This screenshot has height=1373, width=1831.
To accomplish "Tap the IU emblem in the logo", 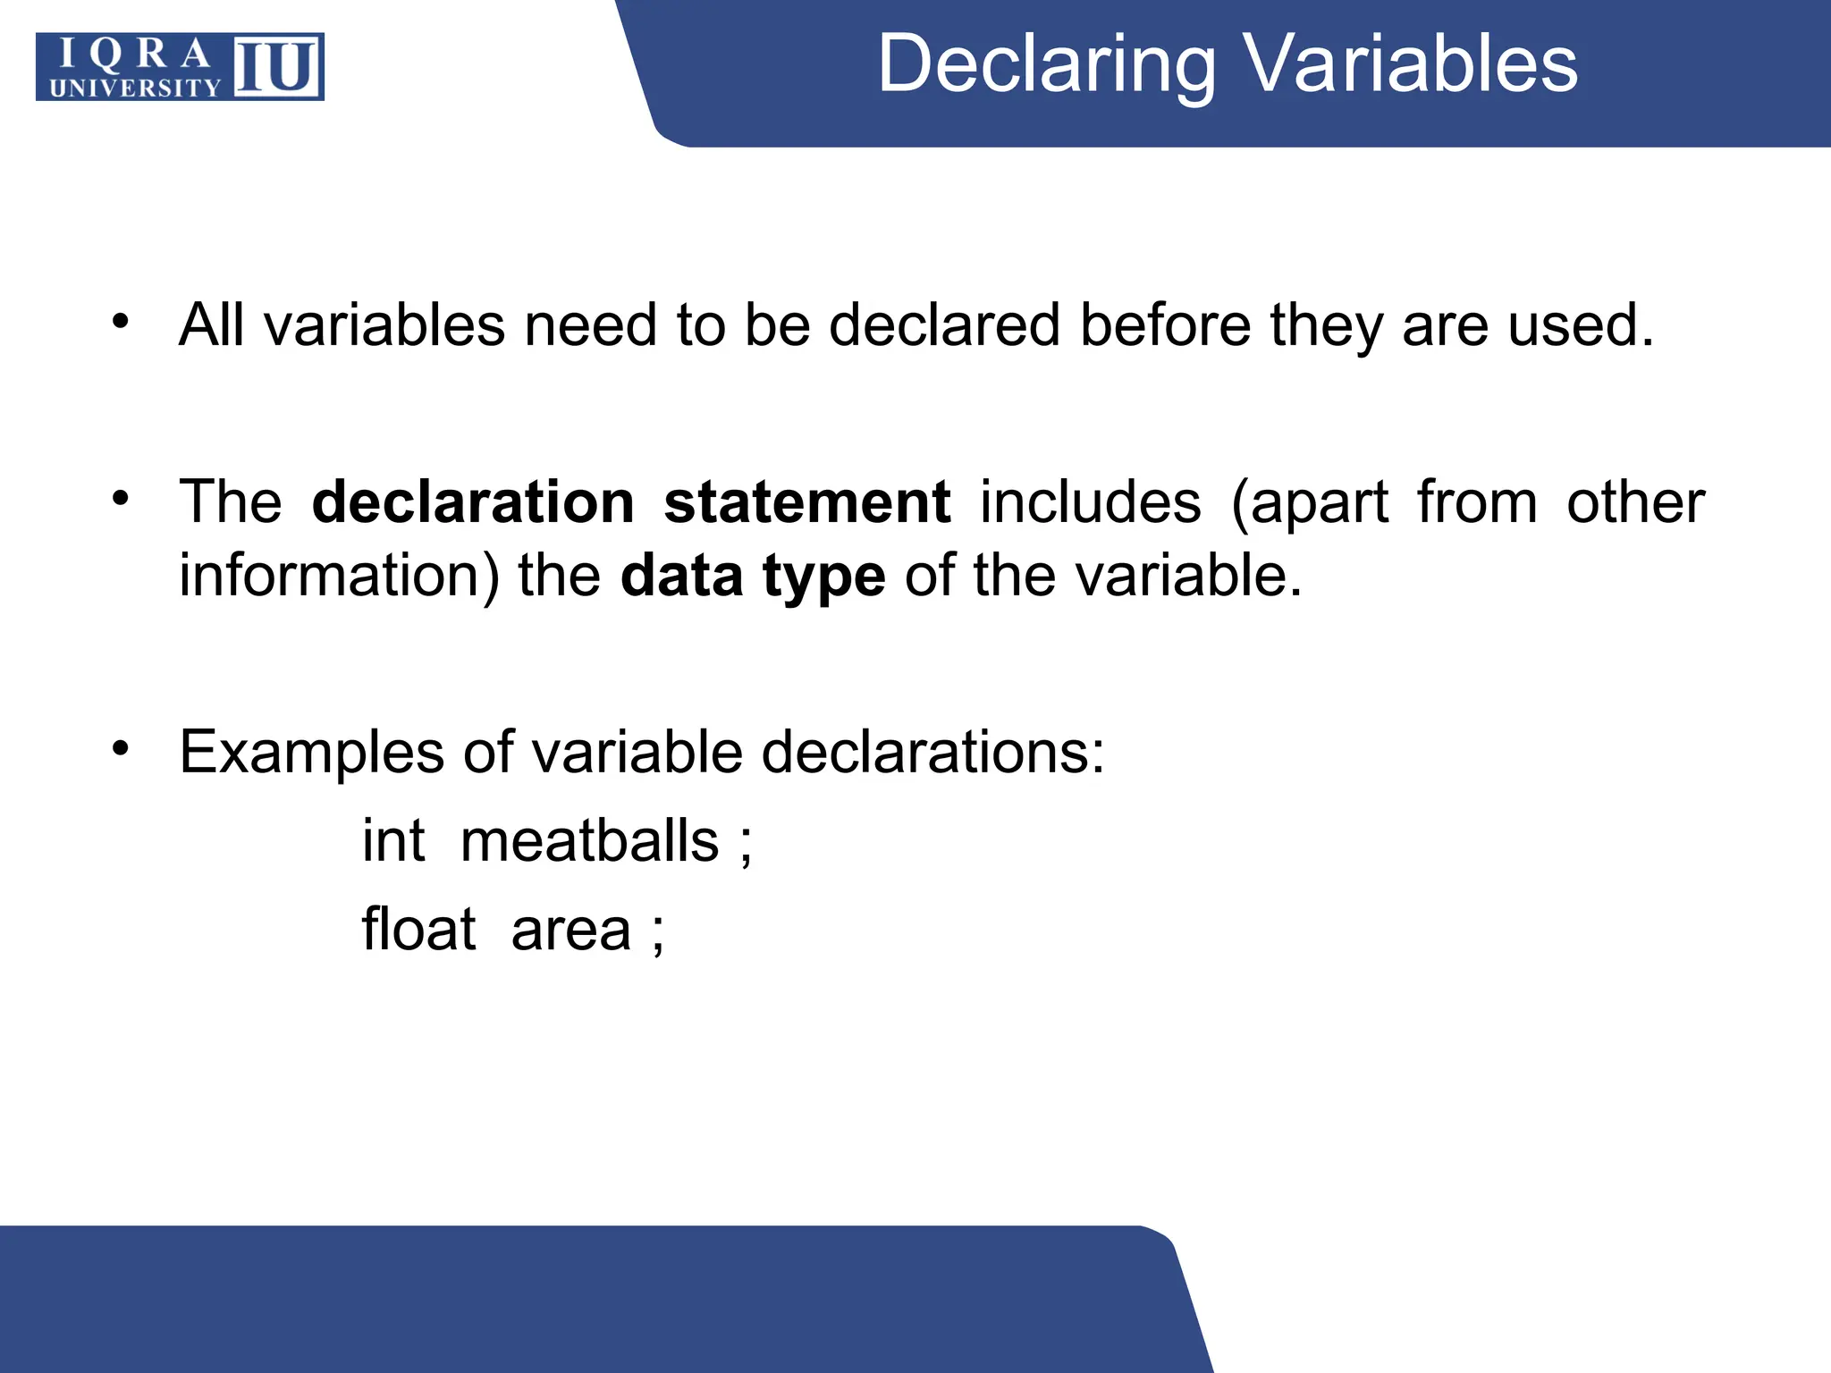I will point(277,67).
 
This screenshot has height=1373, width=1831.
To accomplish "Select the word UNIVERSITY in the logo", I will point(135,88).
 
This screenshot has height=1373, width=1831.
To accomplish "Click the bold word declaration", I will point(473,502).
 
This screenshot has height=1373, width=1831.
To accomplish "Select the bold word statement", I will point(806,502).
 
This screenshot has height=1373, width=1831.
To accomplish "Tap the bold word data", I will point(681,576).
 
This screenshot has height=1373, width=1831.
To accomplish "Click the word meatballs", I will point(589,841).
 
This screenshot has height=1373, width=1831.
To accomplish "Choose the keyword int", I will point(393,841).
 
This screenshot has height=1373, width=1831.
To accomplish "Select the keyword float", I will point(418,930).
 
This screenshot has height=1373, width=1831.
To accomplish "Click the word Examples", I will point(311,753).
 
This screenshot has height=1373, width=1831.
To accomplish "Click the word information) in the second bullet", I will point(339,576).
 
